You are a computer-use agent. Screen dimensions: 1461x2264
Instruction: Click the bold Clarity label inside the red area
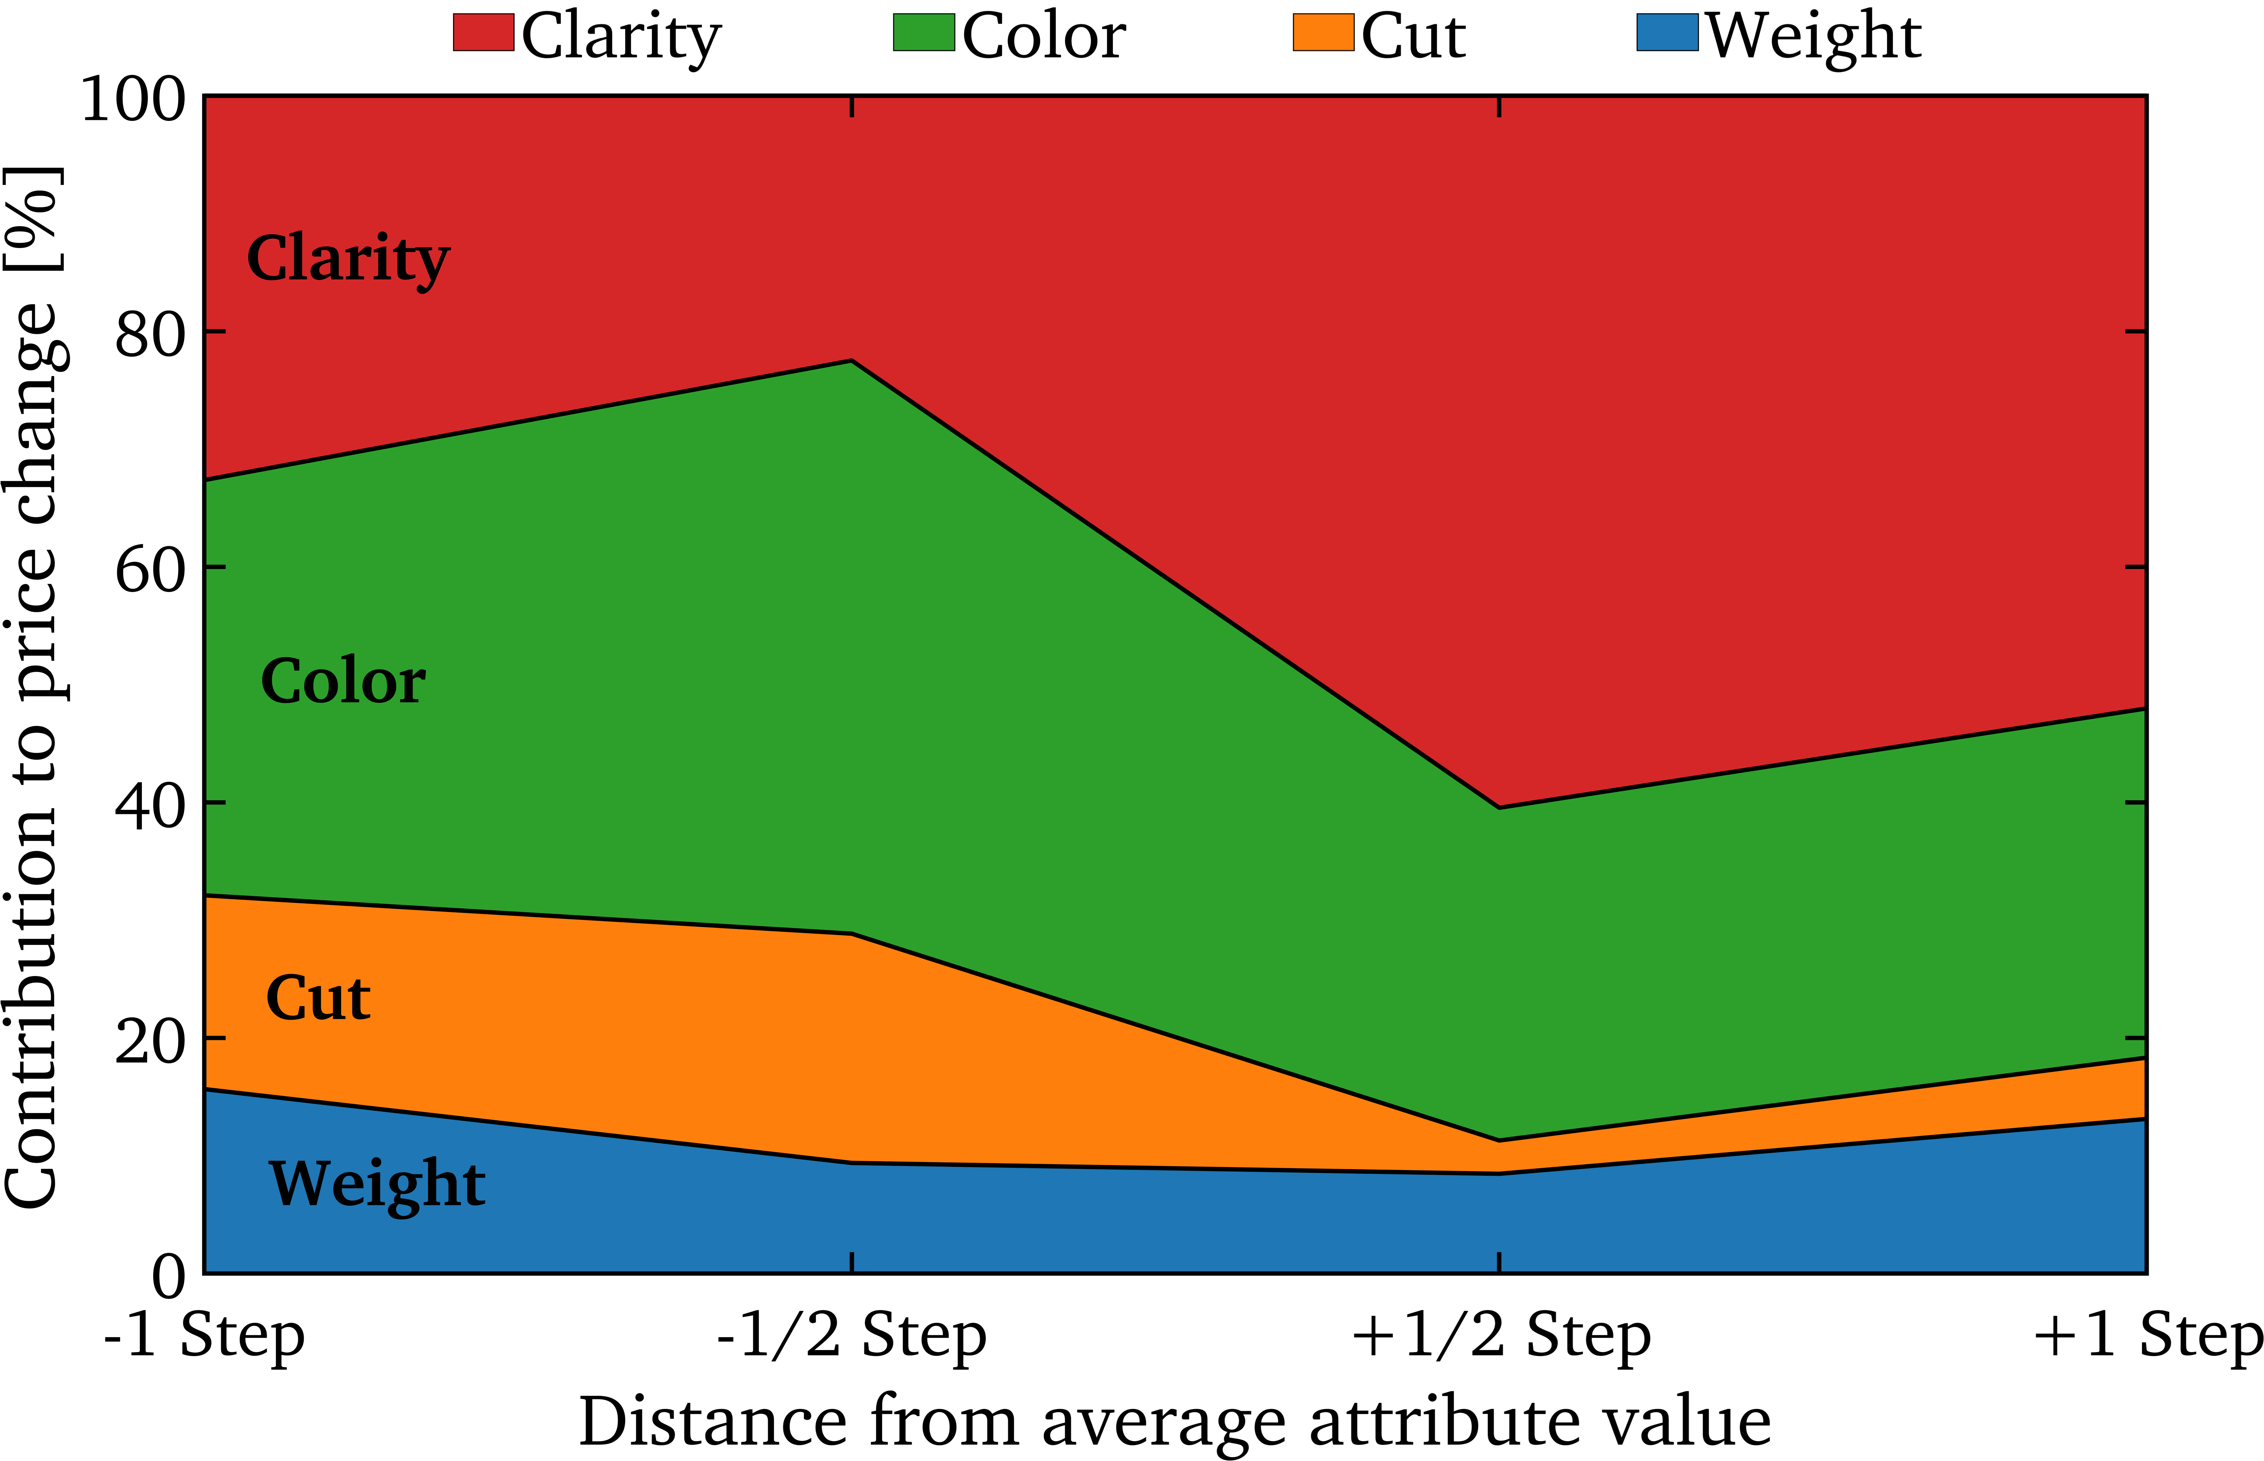tap(348, 259)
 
